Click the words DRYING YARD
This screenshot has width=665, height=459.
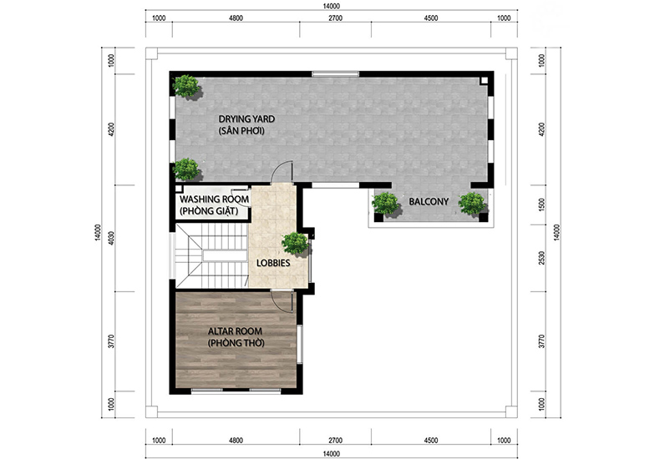[x=246, y=119]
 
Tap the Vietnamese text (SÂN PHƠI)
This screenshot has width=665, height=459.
[x=241, y=131]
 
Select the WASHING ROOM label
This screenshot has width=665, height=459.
[x=214, y=199]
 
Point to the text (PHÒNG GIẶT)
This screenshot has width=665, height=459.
[x=209, y=210]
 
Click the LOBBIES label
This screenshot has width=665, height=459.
[x=273, y=263]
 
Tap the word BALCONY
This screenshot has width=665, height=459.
[x=429, y=202]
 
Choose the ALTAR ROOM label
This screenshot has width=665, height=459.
[x=235, y=331]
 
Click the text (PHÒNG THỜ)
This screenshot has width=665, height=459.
[x=236, y=343]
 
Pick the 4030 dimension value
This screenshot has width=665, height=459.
[x=112, y=239]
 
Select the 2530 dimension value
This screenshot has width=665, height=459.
[x=541, y=258]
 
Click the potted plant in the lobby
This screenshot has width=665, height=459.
[x=295, y=245]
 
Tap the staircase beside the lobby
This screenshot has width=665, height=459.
[x=211, y=256]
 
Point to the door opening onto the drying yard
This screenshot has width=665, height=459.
[x=282, y=172]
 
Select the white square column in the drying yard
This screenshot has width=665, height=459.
[x=484, y=80]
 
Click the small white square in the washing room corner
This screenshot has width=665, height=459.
[x=179, y=189]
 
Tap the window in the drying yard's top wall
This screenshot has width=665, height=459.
[x=336, y=73]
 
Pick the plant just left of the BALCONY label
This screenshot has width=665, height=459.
[x=386, y=204]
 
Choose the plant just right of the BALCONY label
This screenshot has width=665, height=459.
[x=473, y=204]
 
